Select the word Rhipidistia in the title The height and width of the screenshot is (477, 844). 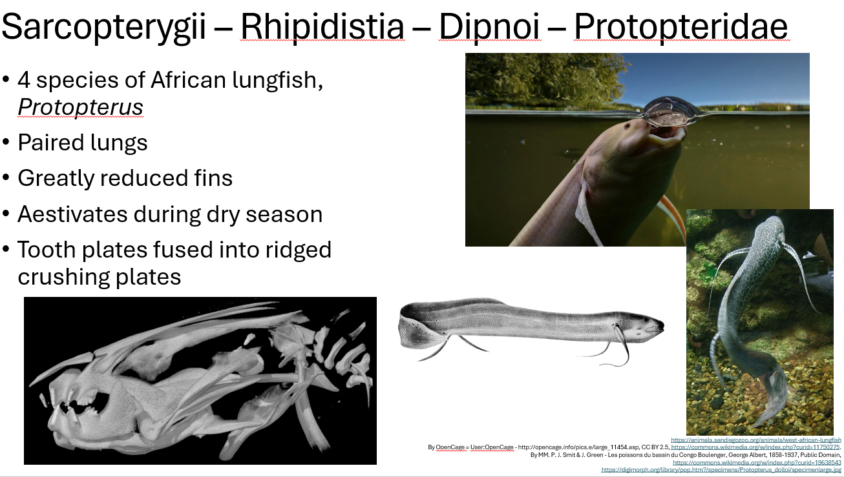322,27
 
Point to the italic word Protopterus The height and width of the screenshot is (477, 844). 80,107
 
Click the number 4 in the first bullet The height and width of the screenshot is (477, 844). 25,80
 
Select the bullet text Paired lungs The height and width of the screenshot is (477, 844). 83,143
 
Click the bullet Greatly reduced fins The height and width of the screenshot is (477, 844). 125,178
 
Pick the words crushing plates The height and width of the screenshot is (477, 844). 99,276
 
